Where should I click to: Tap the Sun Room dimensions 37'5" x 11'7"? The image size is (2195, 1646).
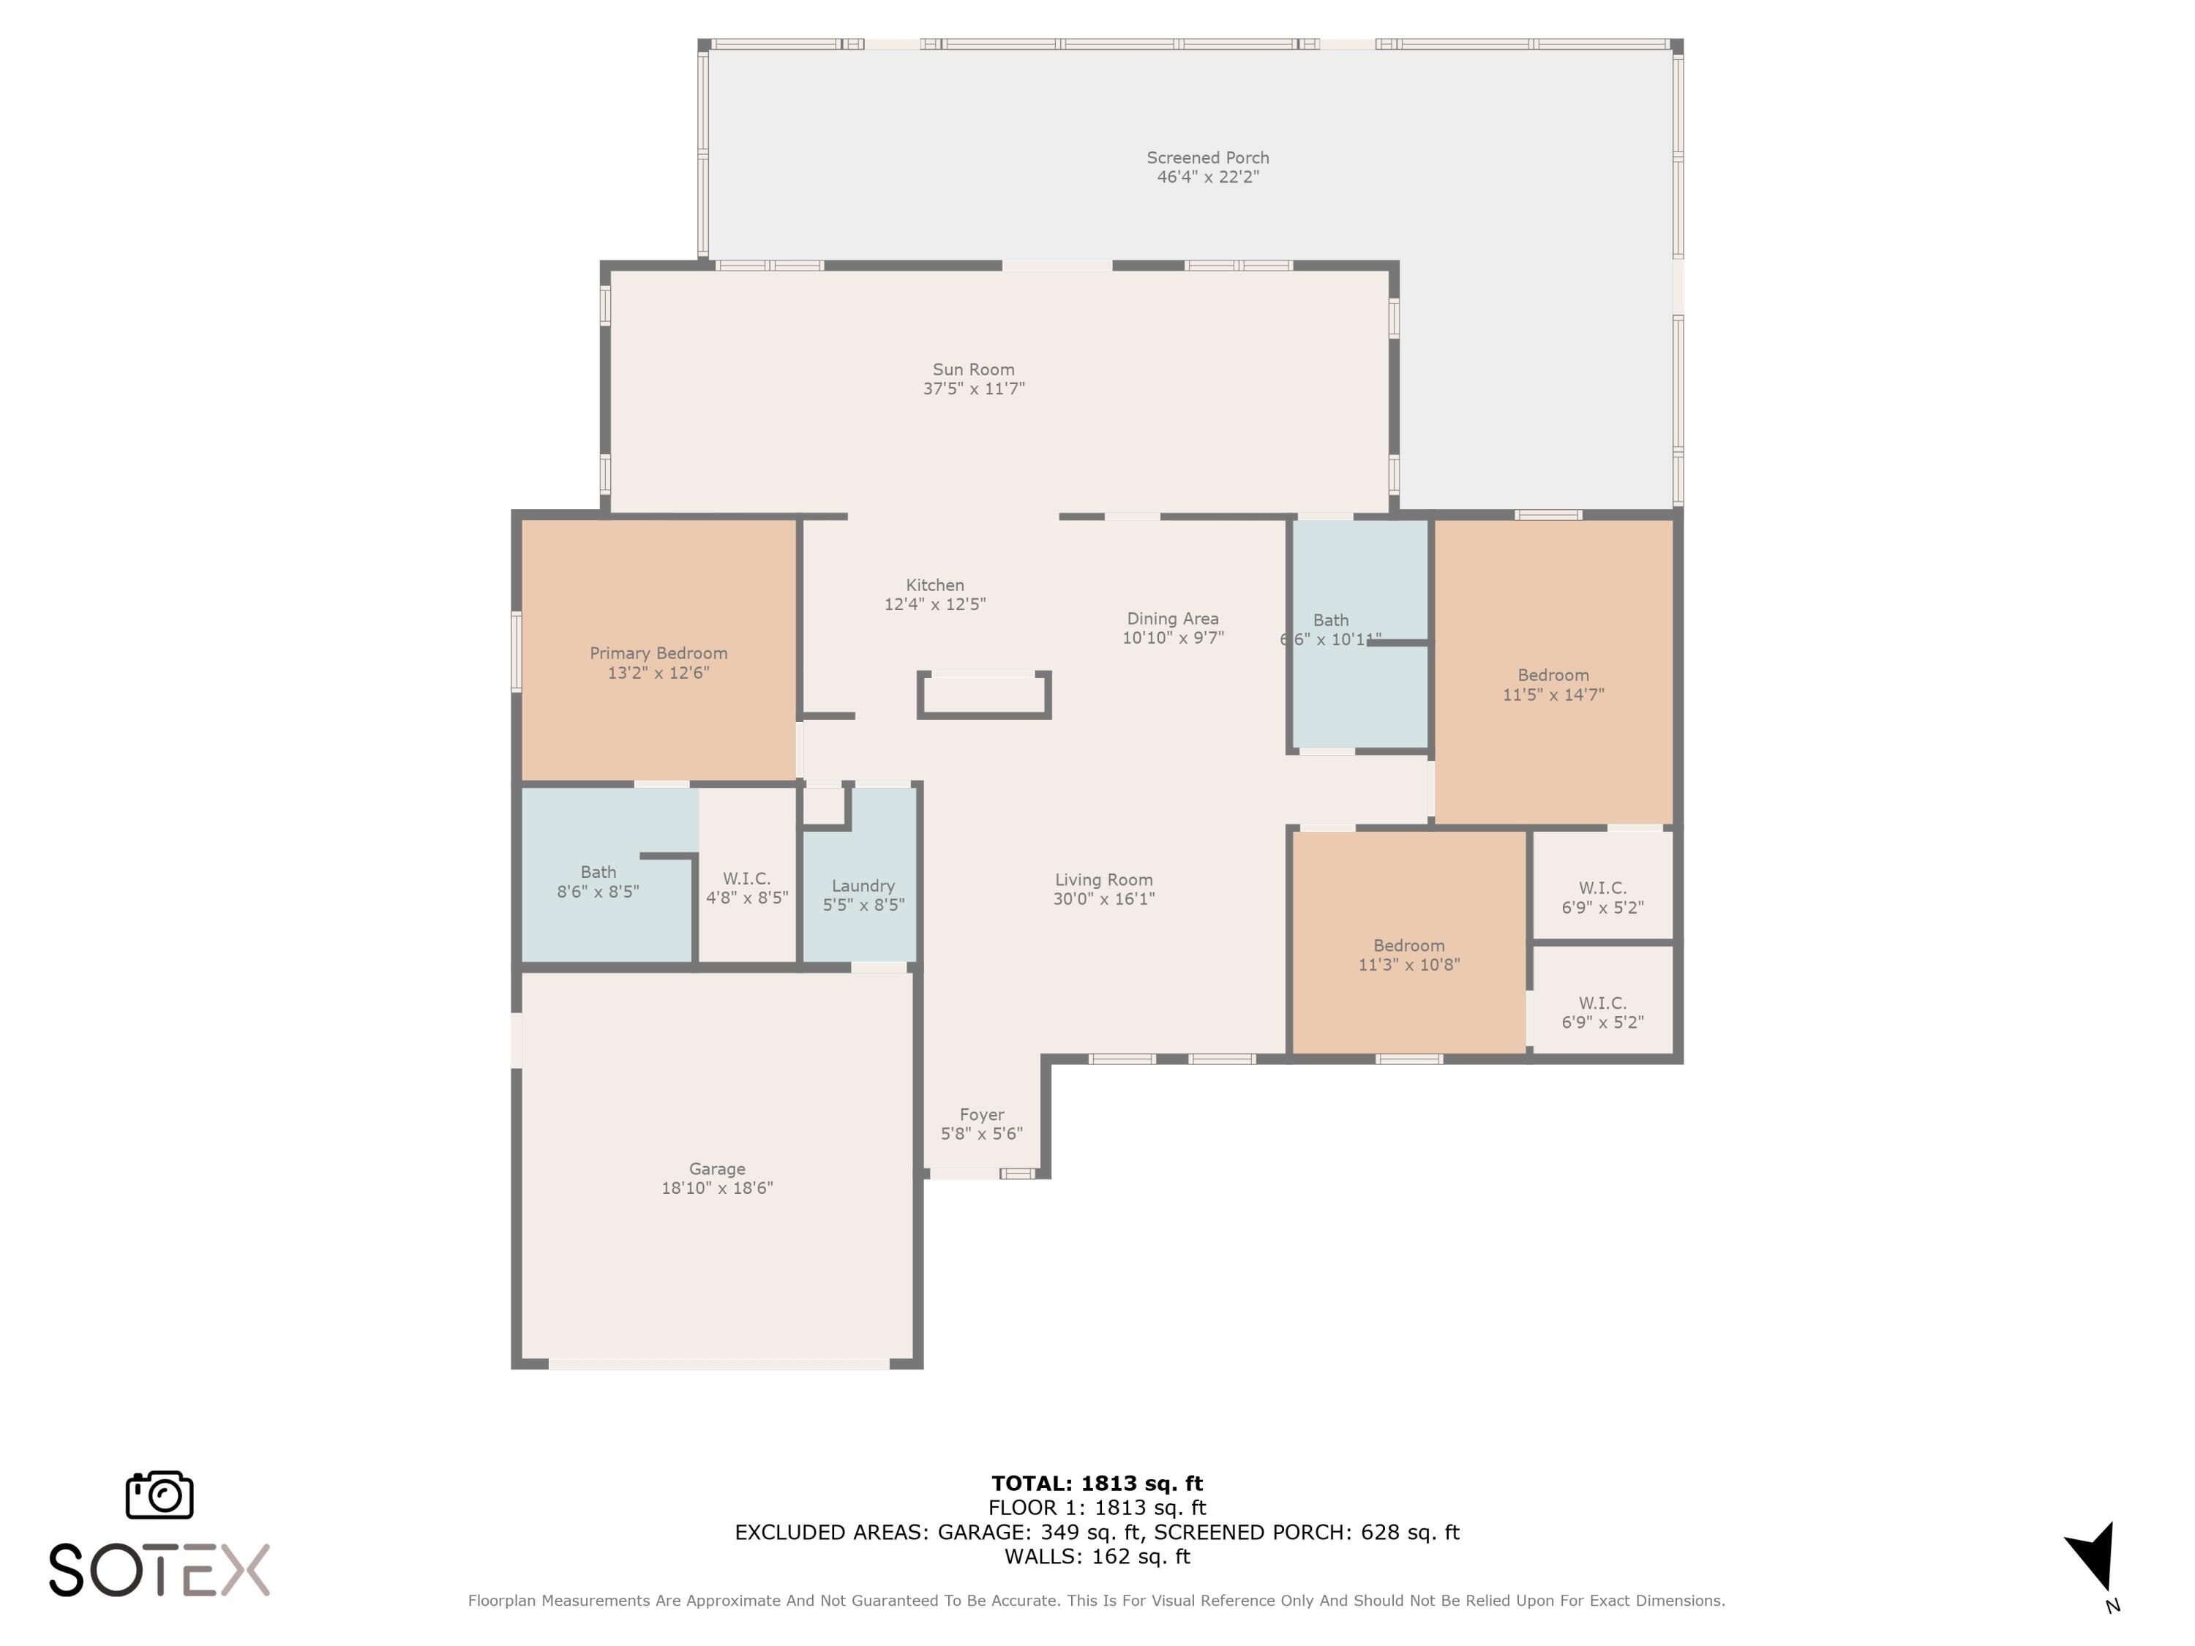click(x=972, y=389)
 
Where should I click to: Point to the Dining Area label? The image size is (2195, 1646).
click(x=1172, y=618)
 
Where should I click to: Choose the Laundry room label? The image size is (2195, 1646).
click(x=863, y=886)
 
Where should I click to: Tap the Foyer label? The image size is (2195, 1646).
click(x=981, y=1114)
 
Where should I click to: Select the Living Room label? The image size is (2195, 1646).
click(x=1103, y=880)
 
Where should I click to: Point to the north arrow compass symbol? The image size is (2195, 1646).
click(x=2093, y=1557)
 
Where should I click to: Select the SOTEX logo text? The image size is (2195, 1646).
click(x=159, y=1570)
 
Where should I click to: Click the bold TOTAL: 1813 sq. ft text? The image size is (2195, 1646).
click(x=1097, y=1484)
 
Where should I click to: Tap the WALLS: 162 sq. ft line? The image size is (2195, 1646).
click(x=1097, y=1556)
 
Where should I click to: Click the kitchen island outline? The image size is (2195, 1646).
click(x=983, y=696)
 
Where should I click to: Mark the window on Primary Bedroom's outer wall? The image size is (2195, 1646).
click(x=516, y=651)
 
